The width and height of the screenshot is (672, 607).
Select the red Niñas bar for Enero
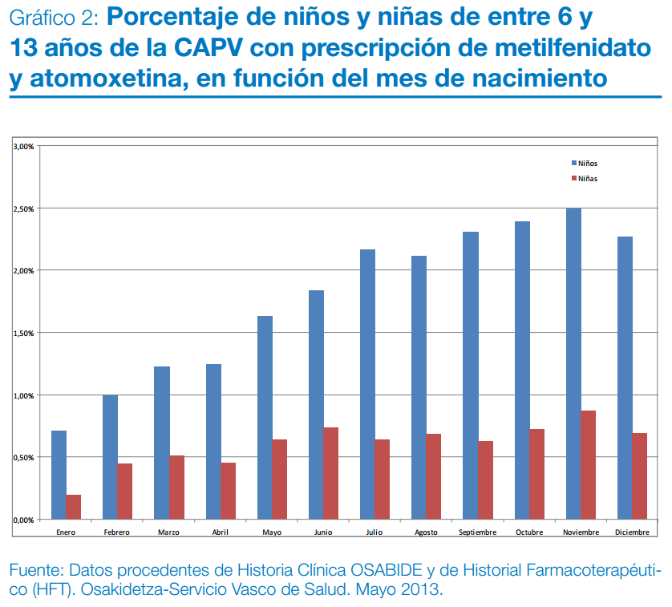point(73,507)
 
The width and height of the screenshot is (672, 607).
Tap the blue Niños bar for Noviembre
point(573,363)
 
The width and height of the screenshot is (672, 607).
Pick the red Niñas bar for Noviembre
point(588,465)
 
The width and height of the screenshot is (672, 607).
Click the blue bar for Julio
point(367,384)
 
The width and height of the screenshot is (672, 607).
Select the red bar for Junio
point(330,473)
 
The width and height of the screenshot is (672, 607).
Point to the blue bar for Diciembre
point(625,378)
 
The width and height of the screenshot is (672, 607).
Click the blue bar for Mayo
point(265,417)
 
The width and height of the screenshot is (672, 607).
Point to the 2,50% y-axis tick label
point(22,208)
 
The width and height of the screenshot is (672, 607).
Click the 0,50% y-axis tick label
point(22,458)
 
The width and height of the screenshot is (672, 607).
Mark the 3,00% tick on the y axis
point(22,147)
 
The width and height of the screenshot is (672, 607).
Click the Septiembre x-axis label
point(477,532)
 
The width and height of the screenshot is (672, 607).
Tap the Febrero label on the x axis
point(116,532)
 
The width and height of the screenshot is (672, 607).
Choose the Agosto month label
point(426,532)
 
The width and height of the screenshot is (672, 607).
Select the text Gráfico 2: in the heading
point(54,17)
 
